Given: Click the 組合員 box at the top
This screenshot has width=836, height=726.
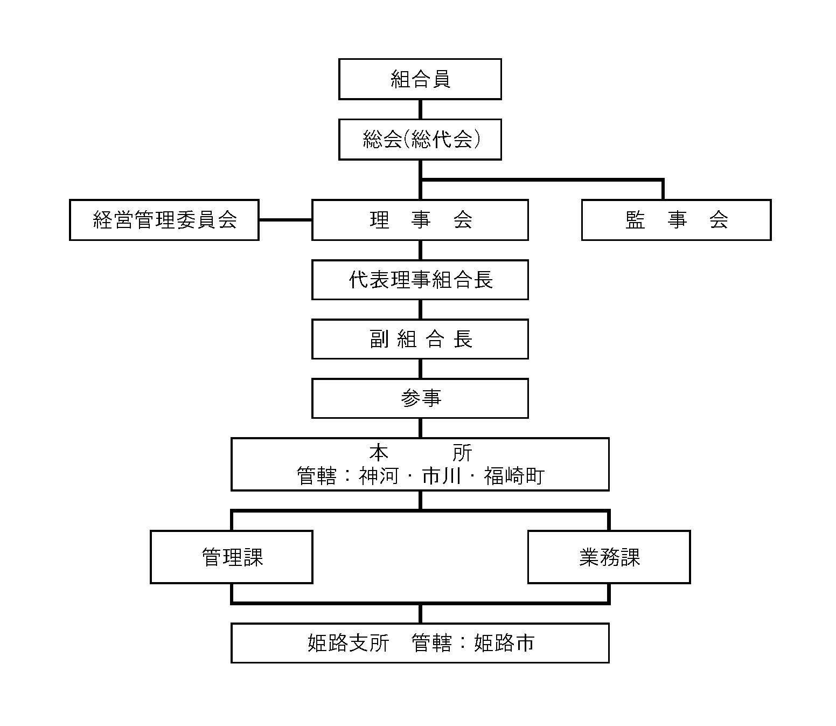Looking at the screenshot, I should (420, 79).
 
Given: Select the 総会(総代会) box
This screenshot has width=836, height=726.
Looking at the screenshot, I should (420, 140).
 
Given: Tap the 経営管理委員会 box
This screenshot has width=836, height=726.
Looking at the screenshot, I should (164, 220).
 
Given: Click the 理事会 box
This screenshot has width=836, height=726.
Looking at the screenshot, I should (420, 220).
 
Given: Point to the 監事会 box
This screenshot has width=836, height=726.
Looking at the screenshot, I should (676, 220).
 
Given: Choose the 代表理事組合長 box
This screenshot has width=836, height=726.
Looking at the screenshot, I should (420, 280).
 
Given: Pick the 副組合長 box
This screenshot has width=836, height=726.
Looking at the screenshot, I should (420, 339).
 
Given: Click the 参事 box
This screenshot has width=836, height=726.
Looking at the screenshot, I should (420, 398).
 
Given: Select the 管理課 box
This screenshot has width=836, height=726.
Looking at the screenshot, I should (232, 557).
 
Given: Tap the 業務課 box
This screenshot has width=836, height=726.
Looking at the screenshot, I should (609, 557).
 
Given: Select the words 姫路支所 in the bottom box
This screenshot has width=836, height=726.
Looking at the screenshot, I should (348, 643).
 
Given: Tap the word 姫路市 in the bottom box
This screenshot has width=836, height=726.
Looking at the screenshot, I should (504, 643).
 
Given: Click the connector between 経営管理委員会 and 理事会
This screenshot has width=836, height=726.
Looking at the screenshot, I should (285, 220).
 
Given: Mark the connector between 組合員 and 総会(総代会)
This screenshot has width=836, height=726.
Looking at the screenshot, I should (420, 109).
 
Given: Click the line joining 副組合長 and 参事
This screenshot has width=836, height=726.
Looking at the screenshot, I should (420, 369).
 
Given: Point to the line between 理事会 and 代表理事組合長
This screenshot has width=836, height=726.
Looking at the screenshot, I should (420, 250).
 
